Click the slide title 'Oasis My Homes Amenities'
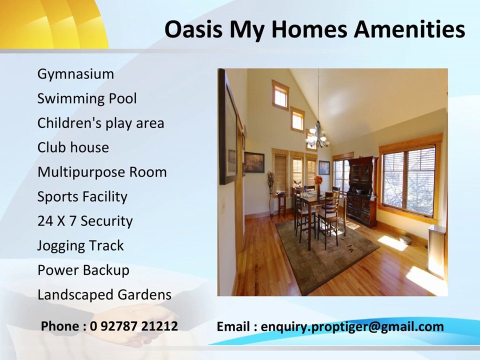314,29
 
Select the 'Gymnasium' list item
75,74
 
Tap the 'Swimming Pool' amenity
86,98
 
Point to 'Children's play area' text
100,123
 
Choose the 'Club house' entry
73,147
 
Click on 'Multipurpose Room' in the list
102,172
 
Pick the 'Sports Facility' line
82,196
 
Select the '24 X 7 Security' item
85,221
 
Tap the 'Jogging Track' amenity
80,245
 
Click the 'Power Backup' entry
83,270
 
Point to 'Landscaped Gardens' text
104,294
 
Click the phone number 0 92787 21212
134,326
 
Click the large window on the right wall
408,178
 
